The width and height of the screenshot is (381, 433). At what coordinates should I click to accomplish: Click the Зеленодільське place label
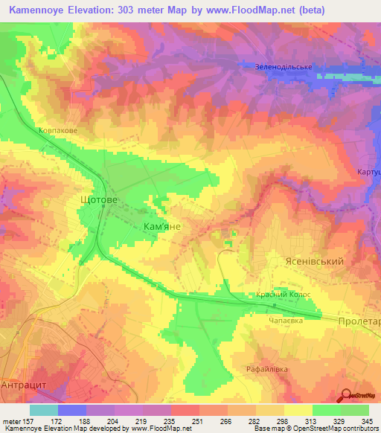tap(283, 66)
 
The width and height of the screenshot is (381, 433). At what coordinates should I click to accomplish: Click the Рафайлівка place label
tap(266, 369)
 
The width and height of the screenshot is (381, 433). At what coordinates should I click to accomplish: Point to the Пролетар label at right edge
tap(359, 321)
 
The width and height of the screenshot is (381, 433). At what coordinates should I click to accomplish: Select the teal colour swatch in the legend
tap(43, 410)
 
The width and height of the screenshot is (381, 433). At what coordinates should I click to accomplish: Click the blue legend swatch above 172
tap(71, 410)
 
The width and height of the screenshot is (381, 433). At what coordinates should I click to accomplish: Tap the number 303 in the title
tap(132, 10)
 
